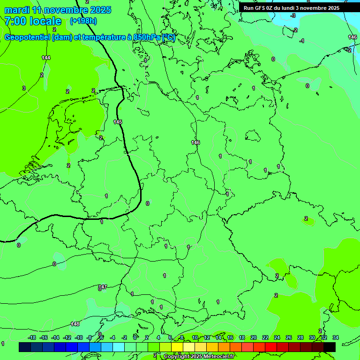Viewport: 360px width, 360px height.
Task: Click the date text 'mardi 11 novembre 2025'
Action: (x=58, y=9)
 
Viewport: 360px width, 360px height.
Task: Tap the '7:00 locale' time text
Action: (x=33, y=21)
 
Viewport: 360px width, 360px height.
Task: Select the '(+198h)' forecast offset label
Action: (x=83, y=21)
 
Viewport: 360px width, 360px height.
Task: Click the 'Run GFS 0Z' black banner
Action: (x=291, y=8)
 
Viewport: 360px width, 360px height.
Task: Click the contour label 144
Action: (x=46, y=58)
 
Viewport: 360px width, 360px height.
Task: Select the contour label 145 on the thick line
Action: (x=118, y=122)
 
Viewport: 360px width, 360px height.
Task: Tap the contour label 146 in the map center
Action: (x=195, y=142)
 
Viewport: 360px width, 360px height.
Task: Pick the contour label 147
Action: (x=103, y=287)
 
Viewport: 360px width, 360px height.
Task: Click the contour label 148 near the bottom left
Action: (x=75, y=324)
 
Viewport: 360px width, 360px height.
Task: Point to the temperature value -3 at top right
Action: (x=293, y=15)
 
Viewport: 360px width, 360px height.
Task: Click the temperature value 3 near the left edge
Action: (x=23, y=88)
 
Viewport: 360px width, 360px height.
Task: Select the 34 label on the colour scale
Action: (x=336, y=337)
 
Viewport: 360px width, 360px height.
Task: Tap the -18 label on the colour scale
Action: (x=32, y=337)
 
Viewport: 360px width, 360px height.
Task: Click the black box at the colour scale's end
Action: (x=330, y=347)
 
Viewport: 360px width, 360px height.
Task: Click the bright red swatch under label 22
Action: (x=271, y=347)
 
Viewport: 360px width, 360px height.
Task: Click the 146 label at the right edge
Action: (x=352, y=37)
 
